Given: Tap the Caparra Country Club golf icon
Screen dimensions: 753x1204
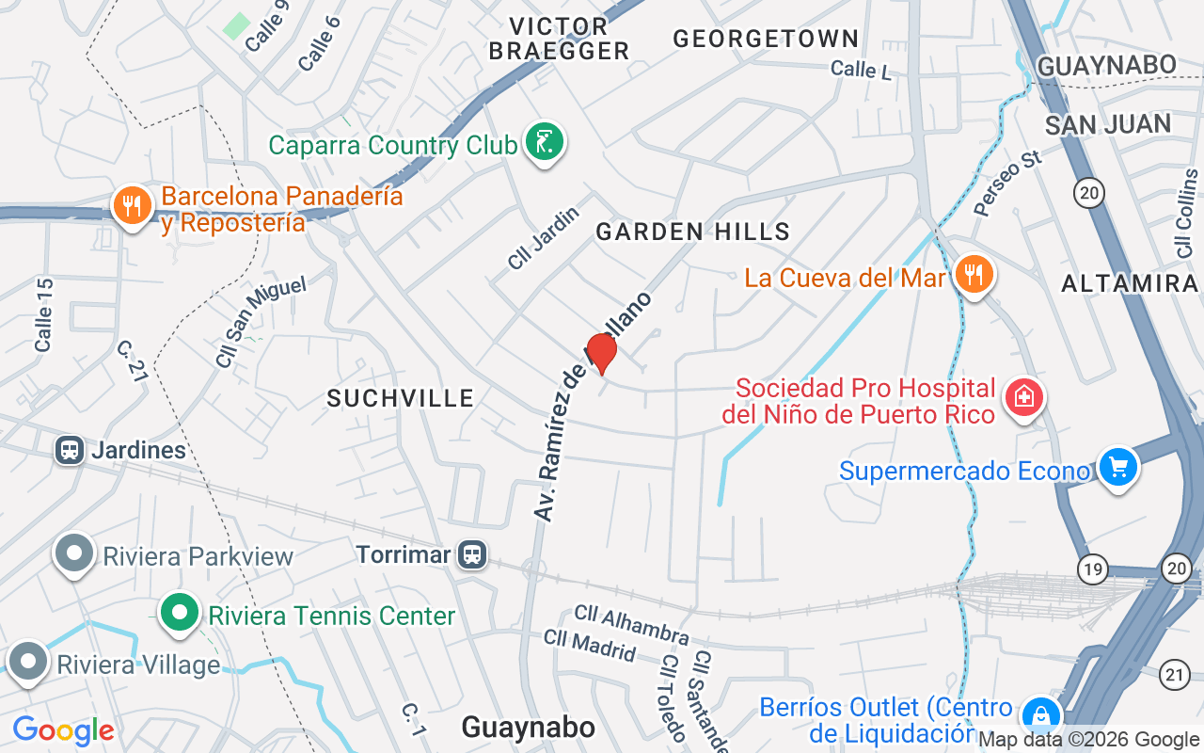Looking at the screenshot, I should click(x=544, y=143).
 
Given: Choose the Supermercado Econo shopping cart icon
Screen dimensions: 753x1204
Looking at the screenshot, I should click(x=1117, y=467).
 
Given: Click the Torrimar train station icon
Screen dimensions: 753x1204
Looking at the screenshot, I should click(x=472, y=554).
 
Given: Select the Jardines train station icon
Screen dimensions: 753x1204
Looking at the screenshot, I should click(x=69, y=450).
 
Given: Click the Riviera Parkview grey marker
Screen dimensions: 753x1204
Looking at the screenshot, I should click(x=74, y=554).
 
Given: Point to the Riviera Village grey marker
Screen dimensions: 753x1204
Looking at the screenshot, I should click(x=27, y=663).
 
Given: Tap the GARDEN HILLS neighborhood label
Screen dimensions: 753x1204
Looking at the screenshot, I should click(x=692, y=232).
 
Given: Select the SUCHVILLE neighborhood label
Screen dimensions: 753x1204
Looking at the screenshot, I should click(x=401, y=398).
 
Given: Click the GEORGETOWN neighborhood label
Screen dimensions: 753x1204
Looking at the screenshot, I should click(x=766, y=39).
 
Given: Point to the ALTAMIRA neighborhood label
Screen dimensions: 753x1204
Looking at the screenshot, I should click(x=1129, y=283).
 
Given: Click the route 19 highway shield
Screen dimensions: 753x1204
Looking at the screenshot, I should click(x=1092, y=569).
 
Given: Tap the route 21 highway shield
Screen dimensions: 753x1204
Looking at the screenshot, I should click(x=1175, y=673).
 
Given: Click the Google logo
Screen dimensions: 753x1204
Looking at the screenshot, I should click(x=63, y=730).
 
